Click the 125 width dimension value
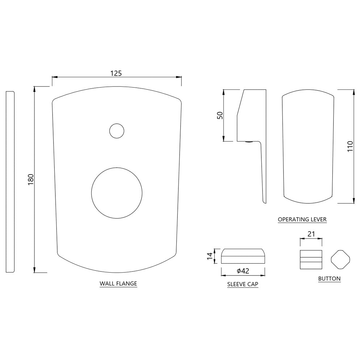point(116,73)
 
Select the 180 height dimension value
point(30,179)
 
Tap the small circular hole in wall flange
point(117,131)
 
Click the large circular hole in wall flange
point(117,193)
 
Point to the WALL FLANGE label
point(118,283)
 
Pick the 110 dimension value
point(350,146)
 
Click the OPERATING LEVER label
point(302,219)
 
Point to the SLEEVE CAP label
point(243,284)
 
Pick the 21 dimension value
point(311,235)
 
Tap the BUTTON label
point(329,279)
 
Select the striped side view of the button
point(311,259)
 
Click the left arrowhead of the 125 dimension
point(54,77)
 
